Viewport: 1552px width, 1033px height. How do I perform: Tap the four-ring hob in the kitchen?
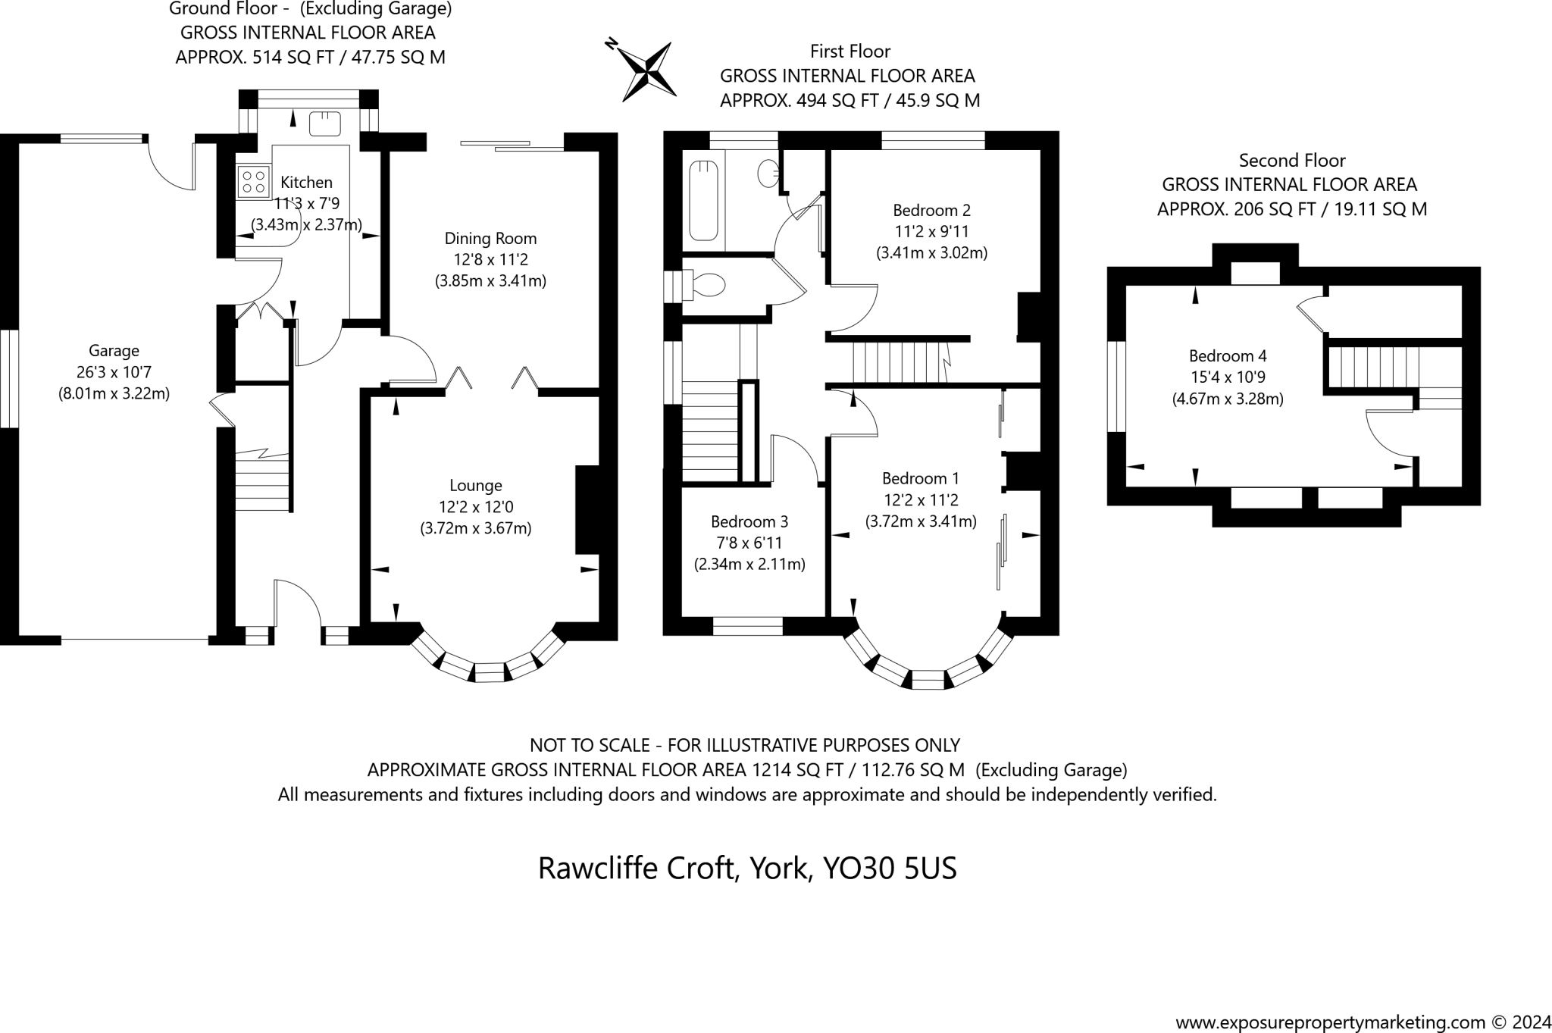(x=254, y=182)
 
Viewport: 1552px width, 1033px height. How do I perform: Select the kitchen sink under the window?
(x=326, y=123)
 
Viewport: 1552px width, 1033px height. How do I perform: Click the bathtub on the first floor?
(x=703, y=200)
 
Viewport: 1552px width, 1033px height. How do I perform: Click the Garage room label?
(x=114, y=350)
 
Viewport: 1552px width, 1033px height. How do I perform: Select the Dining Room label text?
(x=490, y=238)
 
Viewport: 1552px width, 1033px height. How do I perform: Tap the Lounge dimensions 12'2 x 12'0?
(x=476, y=506)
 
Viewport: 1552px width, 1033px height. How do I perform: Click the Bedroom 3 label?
(x=749, y=521)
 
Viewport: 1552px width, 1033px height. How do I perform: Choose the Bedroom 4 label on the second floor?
(x=1228, y=355)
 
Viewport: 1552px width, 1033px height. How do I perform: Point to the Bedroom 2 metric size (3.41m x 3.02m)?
(x=931, y=252)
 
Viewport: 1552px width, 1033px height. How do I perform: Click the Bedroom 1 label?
(x=920, y=478)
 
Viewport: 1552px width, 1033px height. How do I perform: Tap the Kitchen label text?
(x=306, y=182)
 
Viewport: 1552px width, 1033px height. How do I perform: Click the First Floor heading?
(x=850, y=51)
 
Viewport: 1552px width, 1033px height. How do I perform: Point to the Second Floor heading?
(x=1291, y=160)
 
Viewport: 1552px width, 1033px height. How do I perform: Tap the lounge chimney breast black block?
(x=587, y=509)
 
